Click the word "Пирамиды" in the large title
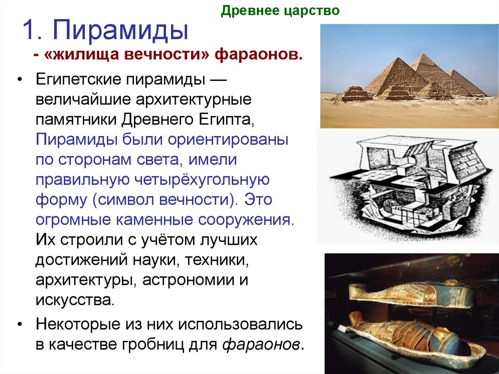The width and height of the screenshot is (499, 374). (x=121, y=31)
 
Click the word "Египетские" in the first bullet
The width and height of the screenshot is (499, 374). (x=78, y=79)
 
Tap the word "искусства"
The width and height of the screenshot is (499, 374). (x=74, y=300)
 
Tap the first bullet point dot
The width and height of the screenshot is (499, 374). (x=19, y=80)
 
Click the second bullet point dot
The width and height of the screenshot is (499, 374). (x=19, y=324)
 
